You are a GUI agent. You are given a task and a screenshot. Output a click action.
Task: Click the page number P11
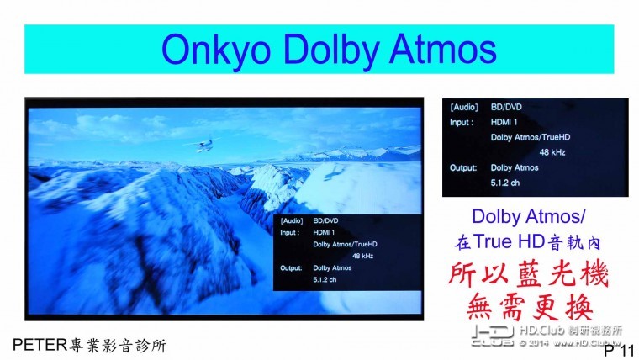(618, 350)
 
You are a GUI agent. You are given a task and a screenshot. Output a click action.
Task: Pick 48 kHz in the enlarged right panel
(553, 151)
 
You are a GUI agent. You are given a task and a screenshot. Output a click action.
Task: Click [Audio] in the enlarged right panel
(464, 107)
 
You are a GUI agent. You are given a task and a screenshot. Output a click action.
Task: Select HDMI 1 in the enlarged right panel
(504, 121)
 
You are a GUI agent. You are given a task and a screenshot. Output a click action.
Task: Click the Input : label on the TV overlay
(291, 232)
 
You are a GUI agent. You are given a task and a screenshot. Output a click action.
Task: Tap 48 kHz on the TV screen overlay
(363, 256)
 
